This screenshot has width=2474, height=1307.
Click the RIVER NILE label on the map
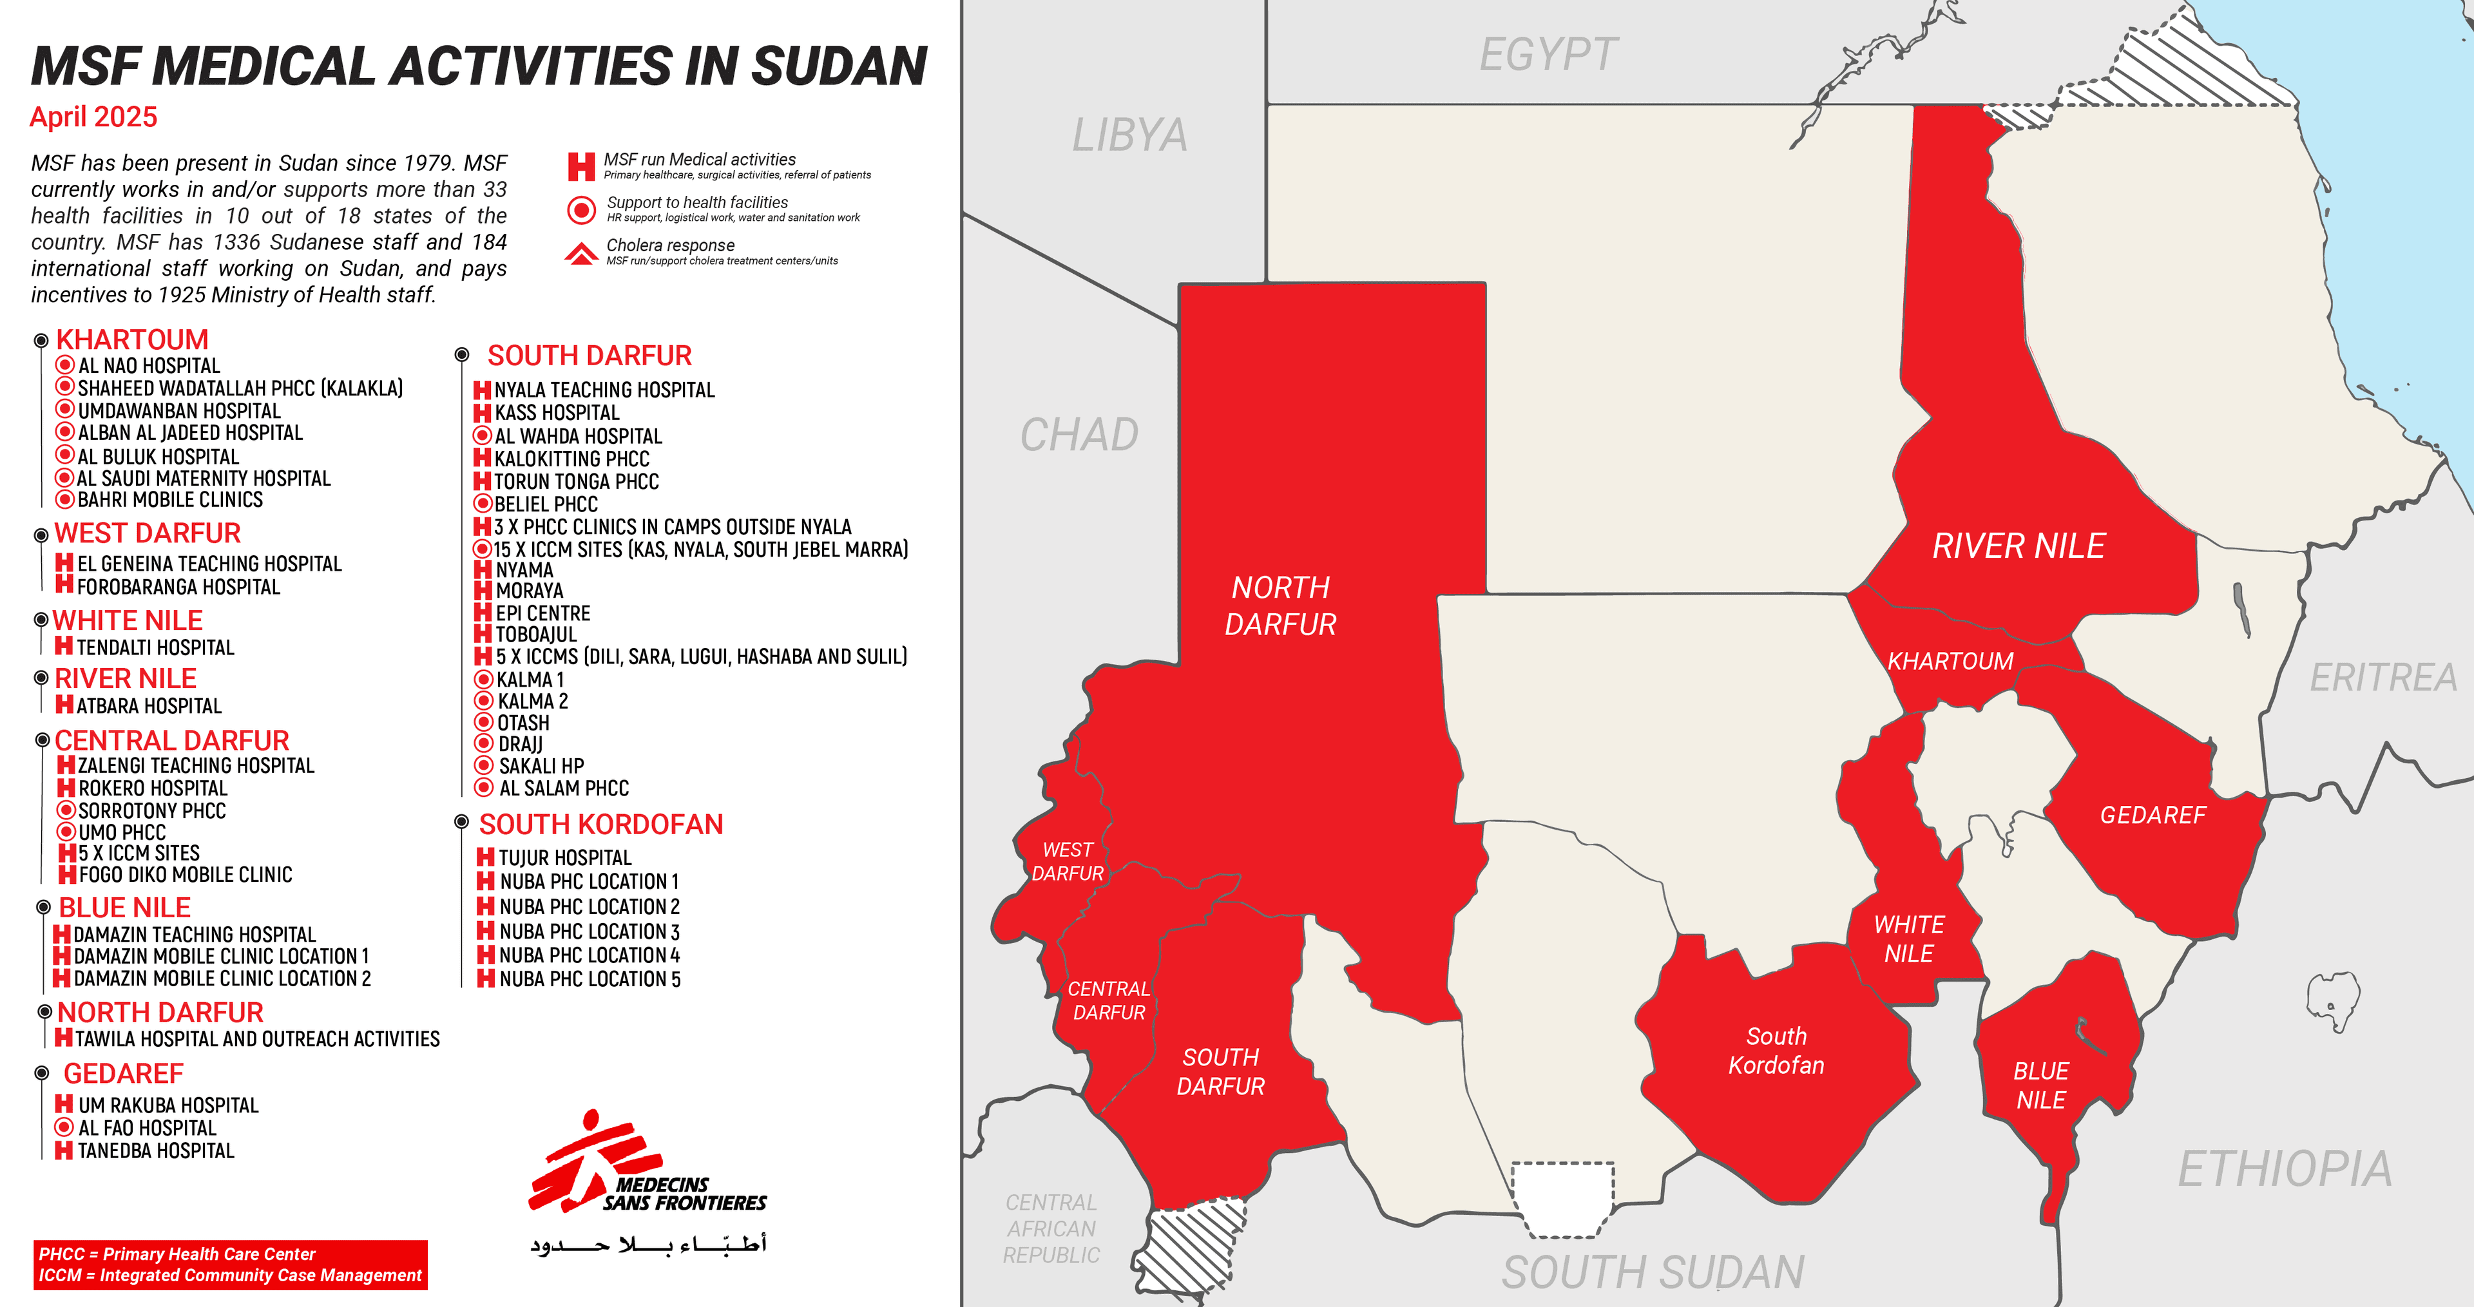[x=2018, y=546]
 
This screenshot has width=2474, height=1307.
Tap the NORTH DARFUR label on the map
[x=1280, y=606]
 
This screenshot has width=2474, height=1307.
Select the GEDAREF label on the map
[x=2153, y=816]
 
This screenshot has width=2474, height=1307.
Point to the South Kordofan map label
[x=1776, y=1051]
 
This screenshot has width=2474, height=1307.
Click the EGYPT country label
[x=1548, y=55]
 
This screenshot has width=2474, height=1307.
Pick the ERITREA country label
[x=2383, y=678]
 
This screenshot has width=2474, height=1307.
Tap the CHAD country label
[x=1080, y=435]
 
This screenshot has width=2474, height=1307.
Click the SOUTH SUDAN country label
[x=1653, y=1272]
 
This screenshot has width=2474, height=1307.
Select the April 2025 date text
[x=93, y=117]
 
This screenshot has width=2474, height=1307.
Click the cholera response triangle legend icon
[x=581, y=254]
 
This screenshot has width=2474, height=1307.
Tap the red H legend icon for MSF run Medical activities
[x=581, y=166]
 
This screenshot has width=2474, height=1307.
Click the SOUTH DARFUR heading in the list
[x=589, y=356]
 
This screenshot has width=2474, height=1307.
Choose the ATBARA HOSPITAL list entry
[x=149, y=706]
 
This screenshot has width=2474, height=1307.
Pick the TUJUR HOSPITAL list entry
[x=565, y=857]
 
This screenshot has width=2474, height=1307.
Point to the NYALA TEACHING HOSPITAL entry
[x=604, y=390]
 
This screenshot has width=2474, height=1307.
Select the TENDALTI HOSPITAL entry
[x=155, y=647]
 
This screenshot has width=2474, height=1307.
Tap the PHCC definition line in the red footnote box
[x=177, y=1254]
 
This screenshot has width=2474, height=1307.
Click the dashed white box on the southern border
[x=1562, y=1199]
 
